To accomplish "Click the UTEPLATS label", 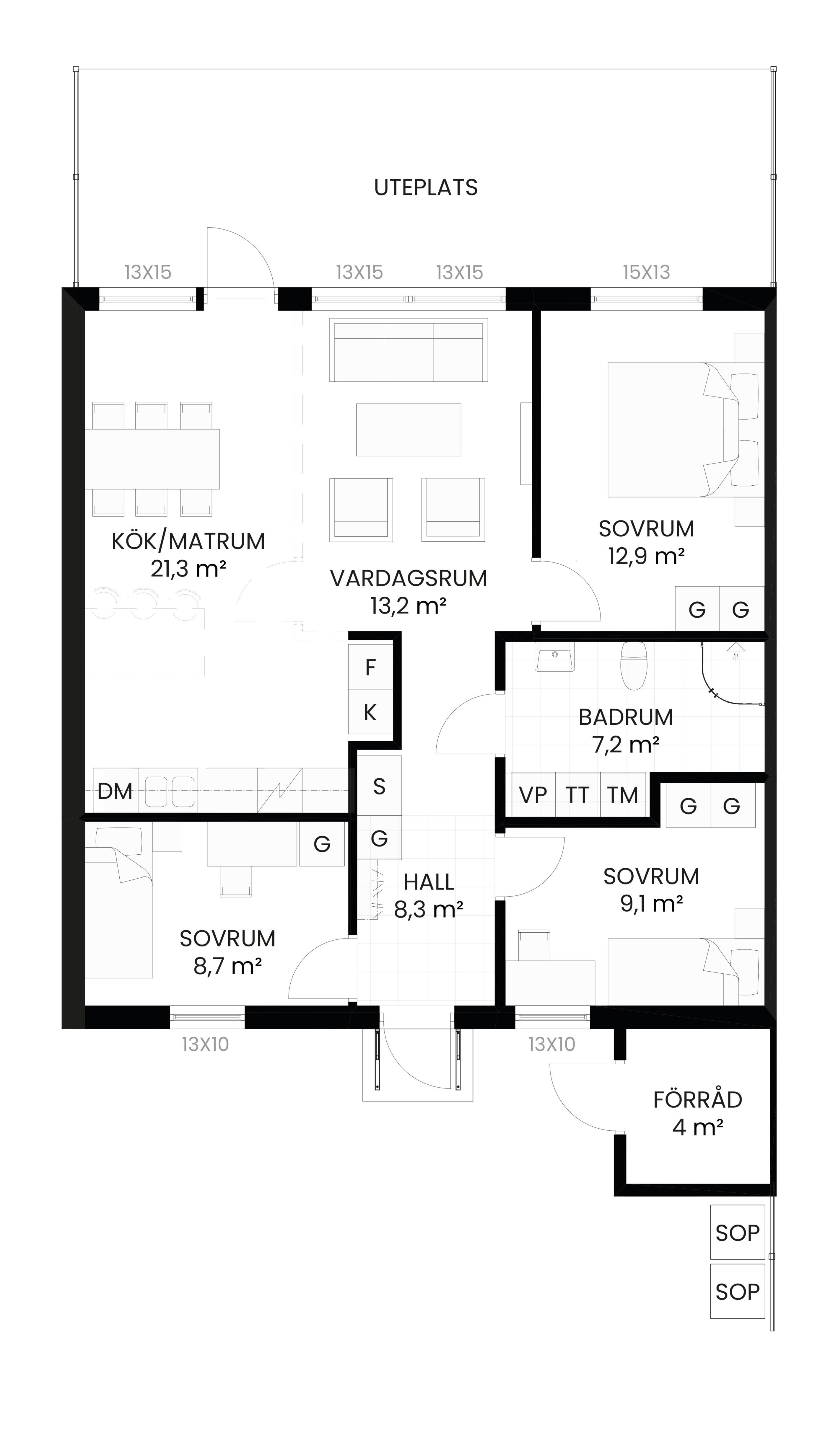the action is point(426,187).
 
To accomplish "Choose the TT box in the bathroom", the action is point(578,794).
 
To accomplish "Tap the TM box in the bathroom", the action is point(622,794).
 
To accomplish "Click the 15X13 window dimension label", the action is point(647,272).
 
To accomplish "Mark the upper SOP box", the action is point(738,1232).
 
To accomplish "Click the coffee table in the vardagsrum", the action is point(409,430).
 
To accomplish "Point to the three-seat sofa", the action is point(409,350).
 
